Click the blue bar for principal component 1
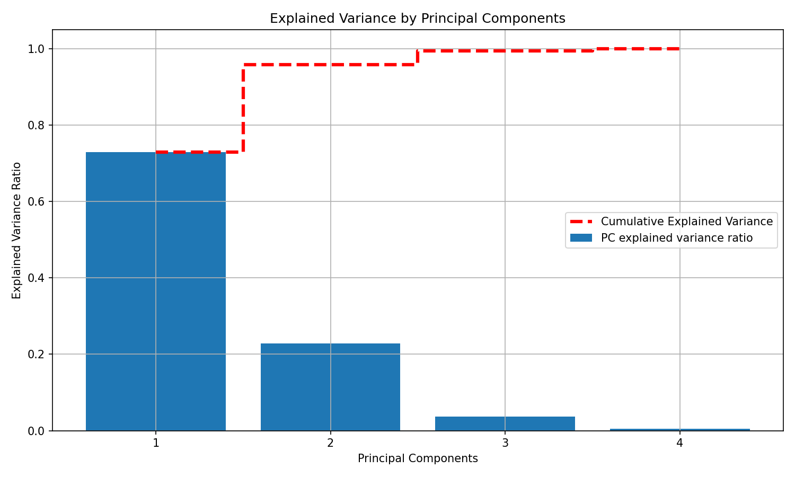point(155,291)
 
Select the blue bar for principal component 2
point(330,387)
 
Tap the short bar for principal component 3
point(505,423)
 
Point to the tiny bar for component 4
point(679,429)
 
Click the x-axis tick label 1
point(156,443)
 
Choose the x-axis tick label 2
point(330,443)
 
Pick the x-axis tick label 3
point(505,443)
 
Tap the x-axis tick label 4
point(679,443)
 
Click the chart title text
point(418,19)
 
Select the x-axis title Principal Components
point(418,458)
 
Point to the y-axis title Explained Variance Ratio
point(17,231)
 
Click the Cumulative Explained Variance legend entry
point(686,222)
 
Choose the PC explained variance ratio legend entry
point(676,238)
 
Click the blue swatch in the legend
point(581,238)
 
